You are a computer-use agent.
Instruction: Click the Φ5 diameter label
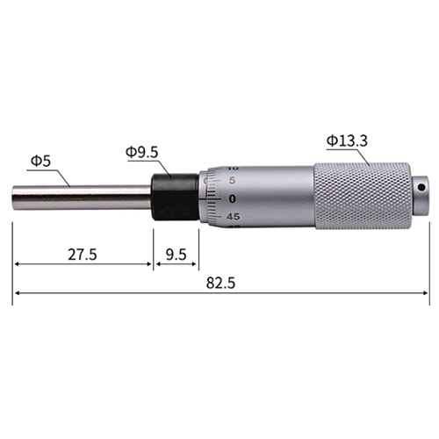click(x=40, y=161)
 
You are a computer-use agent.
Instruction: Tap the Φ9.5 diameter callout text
click(x=142, y=152)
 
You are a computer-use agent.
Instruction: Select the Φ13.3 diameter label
click(x=347, y=140)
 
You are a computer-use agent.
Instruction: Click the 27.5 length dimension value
click(x=83, y=254)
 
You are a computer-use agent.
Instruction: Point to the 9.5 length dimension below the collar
click(x=176, y=255)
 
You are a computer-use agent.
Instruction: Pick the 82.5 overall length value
click(x=220, y=283)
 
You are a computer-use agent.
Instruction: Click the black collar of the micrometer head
click(x=175, y=197)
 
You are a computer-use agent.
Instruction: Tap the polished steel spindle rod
click(x=82, y=198)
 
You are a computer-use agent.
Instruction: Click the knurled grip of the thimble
click(x=363, y=195)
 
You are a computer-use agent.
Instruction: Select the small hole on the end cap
click(x=421, y=187)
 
